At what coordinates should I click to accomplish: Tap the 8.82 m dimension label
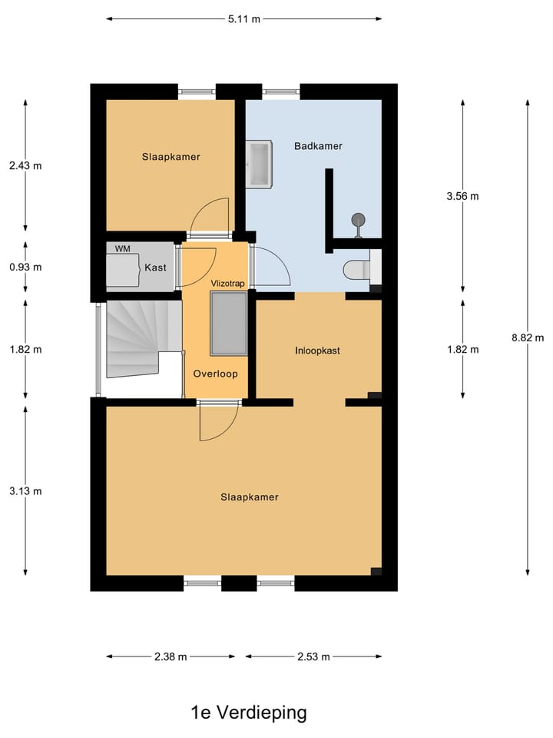tap(528, 337)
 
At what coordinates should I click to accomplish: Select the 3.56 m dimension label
tap(462, 196)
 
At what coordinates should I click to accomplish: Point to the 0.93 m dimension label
tap(25, 267)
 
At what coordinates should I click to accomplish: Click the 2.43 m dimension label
tap(25, 165)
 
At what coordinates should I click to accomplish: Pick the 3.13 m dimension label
tap(25, 491)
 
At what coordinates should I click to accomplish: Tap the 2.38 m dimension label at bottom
tap(171, 657)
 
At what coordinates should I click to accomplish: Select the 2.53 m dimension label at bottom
tap(313, 657)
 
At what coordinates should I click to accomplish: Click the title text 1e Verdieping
tap(249, 713)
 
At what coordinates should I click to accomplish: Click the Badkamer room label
tap(318, 146)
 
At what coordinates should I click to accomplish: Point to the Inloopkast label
tap(317, 351)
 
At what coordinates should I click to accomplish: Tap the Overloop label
tap(215, 374)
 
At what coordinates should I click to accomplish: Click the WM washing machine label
tap(122, 249)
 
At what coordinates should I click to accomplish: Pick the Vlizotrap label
tap(227, 284)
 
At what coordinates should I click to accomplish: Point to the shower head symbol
tap(358, 221)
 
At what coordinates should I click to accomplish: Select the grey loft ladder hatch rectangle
tap(228, 324)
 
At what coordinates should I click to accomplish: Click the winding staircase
tap(134, 338)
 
